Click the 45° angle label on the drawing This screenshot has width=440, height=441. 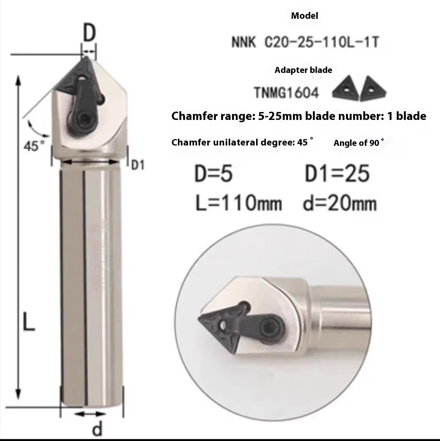(x=34, y=146)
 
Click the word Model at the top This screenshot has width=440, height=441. (x=304, y=16)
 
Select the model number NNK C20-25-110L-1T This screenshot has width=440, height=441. (x=305, y=42)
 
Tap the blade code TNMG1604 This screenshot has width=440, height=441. (x=287, y=92)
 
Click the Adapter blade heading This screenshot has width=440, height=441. (x=303, y=70)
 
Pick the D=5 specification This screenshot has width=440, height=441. (x=214, y=174)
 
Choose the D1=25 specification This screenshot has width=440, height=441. (x=337, y=174)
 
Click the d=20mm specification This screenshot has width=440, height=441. (x=339, y=203)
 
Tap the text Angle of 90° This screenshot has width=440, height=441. (x=359, y=143)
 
